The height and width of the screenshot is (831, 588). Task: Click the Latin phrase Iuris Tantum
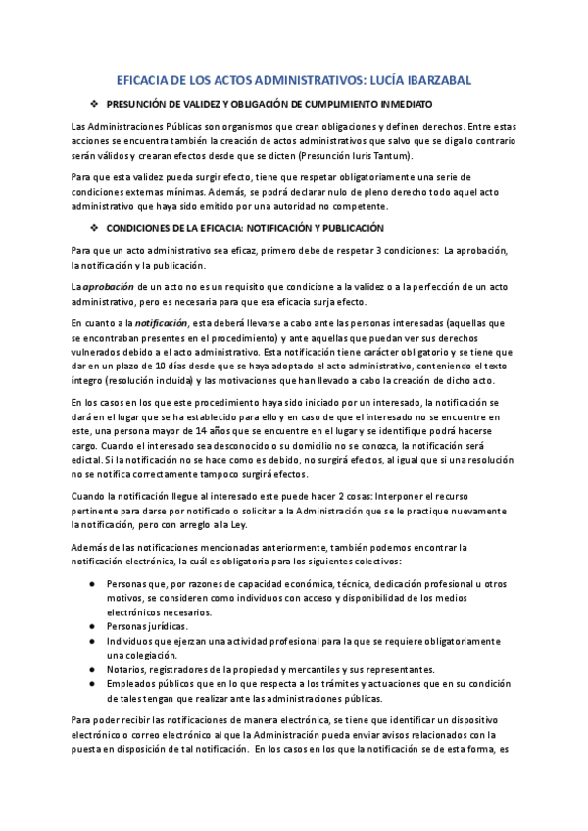tap(386, 155)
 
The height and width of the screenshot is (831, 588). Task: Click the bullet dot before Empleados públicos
tap(92, 684)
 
